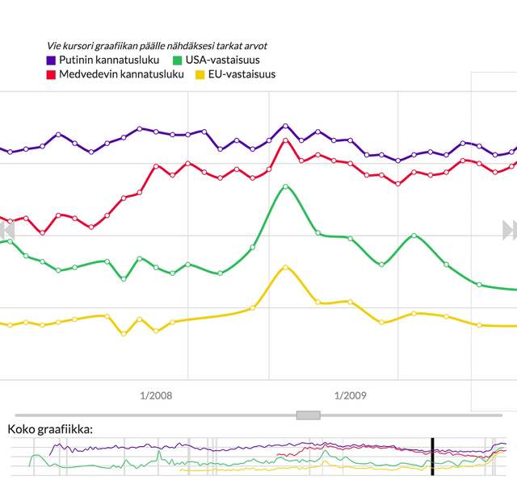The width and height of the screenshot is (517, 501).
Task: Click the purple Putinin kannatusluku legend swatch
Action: (51, 61)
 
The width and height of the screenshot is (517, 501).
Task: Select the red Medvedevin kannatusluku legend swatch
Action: (51, 75)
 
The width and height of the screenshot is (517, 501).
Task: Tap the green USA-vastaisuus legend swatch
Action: (178, 61)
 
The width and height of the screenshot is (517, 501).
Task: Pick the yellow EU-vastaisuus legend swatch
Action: (200, 75)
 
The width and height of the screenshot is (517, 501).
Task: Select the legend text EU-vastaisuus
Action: (242, 75)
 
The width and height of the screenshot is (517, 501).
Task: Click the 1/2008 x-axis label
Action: (156, 395)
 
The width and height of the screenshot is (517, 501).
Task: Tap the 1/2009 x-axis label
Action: (350, 395)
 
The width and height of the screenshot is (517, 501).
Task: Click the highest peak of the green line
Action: (285, 186)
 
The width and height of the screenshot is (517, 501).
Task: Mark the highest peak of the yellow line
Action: (284, 267)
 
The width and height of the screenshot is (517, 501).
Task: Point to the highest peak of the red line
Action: (285, 140)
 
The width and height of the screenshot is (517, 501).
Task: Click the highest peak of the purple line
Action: (285, 126)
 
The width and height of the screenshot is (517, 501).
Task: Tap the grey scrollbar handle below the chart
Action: (308, 415)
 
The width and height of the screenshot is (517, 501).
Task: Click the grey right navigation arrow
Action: (509, 230)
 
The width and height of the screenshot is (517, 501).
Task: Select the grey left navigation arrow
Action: (6, 230)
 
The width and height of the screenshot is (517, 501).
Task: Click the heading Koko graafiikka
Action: (50, 428)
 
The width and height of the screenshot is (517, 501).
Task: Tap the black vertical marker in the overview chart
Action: (432, 457)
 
